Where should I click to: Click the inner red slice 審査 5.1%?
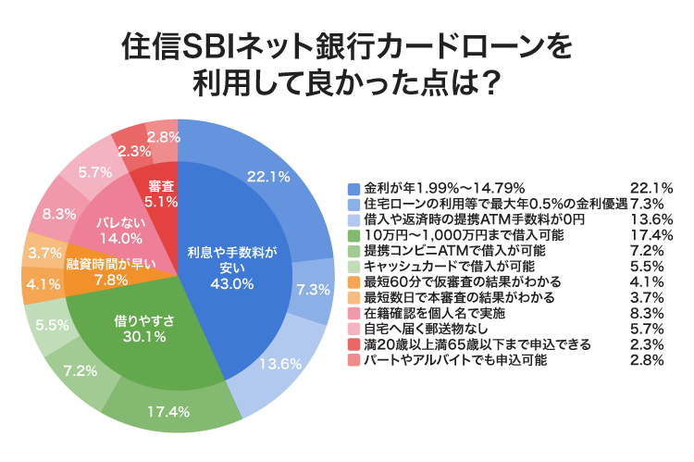pos(155,192)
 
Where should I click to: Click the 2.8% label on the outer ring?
pos(163,136)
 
